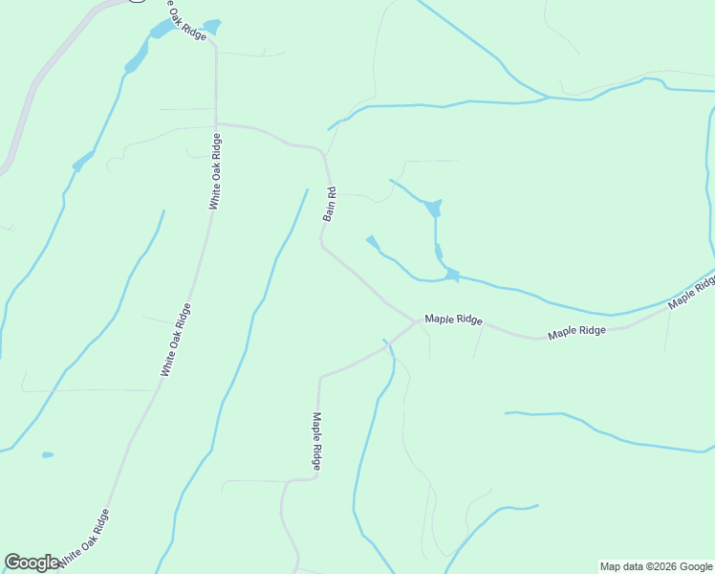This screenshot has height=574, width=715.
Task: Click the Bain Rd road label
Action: coord(330,204)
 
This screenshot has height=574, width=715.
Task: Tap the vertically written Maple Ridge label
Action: coord(316,440)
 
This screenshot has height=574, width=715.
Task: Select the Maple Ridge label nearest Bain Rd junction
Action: coord(453,319)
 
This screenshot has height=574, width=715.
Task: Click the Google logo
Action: coord(32,563)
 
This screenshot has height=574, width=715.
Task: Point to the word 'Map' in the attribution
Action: coord(611,566)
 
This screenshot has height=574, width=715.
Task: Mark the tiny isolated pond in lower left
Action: coord(48,454)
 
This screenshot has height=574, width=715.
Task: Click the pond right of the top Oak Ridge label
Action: coord(211,25)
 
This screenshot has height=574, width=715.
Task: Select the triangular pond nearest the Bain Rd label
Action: coord(373,242)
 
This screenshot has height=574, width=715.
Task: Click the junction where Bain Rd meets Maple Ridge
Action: coord(417,322)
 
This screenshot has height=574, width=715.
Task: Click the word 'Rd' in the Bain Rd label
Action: coord(332,191)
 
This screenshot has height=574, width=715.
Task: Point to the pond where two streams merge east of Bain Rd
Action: coord(451,276)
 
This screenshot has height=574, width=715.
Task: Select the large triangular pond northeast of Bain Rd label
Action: coord(434,208)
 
